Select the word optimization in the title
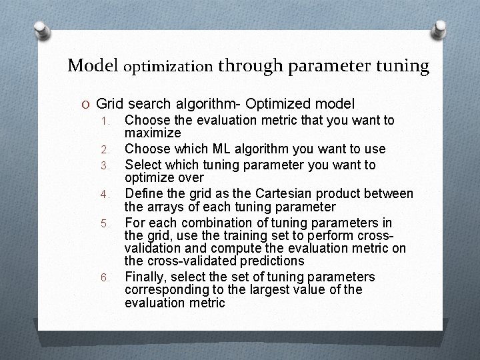[169, 67]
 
